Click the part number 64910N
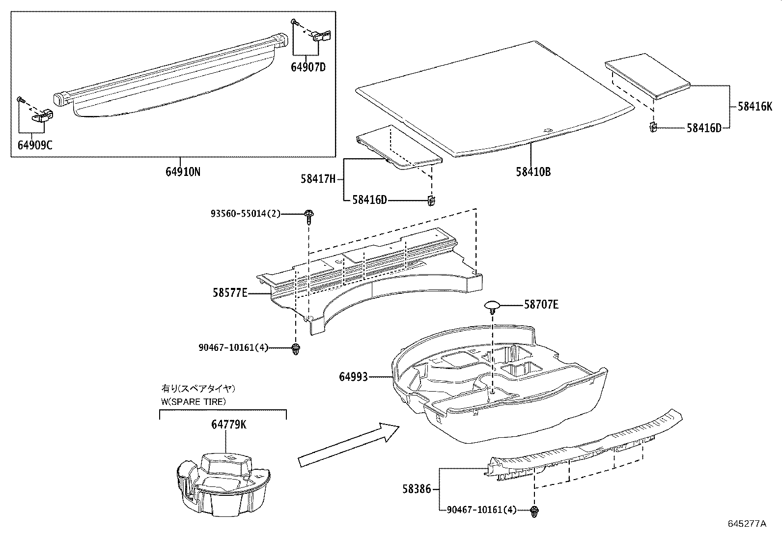(x=182, y=172)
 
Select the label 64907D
(x=308, y=67)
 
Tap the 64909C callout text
(x=34, y=146)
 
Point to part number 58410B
(x=533, y=172)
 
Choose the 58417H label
(x=318, y=180)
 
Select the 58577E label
(x=230, y=293)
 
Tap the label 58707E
(x=541, y=305)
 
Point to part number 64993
(x=353, y=377)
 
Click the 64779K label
(x=229, y=425)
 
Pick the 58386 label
(x=417, y=489)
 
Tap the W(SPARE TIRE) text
(x=194, y=401)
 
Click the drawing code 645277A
(x=747, y=524)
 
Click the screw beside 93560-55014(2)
(x=309, y=215)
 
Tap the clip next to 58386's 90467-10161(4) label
(x=534, y=511)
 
